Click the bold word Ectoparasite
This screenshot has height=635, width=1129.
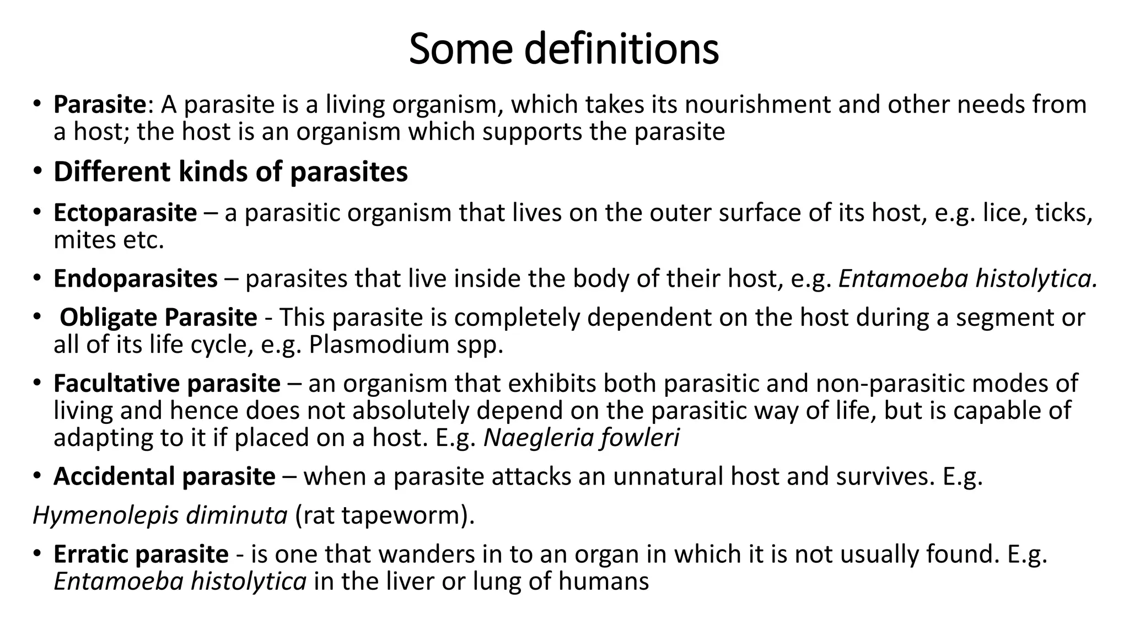click(125, 213)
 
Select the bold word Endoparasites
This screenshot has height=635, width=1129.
click(136, 278)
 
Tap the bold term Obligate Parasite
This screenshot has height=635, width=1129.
click(158, 317)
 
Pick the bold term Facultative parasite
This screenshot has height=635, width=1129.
click(167, 383)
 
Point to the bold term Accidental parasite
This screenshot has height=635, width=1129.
click(164, 476)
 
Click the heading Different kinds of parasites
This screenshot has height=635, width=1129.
click(230, 171)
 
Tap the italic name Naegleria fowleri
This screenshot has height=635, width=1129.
click(581, 438)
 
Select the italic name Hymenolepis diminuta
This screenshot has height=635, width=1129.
click(160, 515)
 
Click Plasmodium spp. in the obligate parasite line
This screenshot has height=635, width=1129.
click(406, 345)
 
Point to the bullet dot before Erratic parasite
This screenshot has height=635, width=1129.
click(36, 553)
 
